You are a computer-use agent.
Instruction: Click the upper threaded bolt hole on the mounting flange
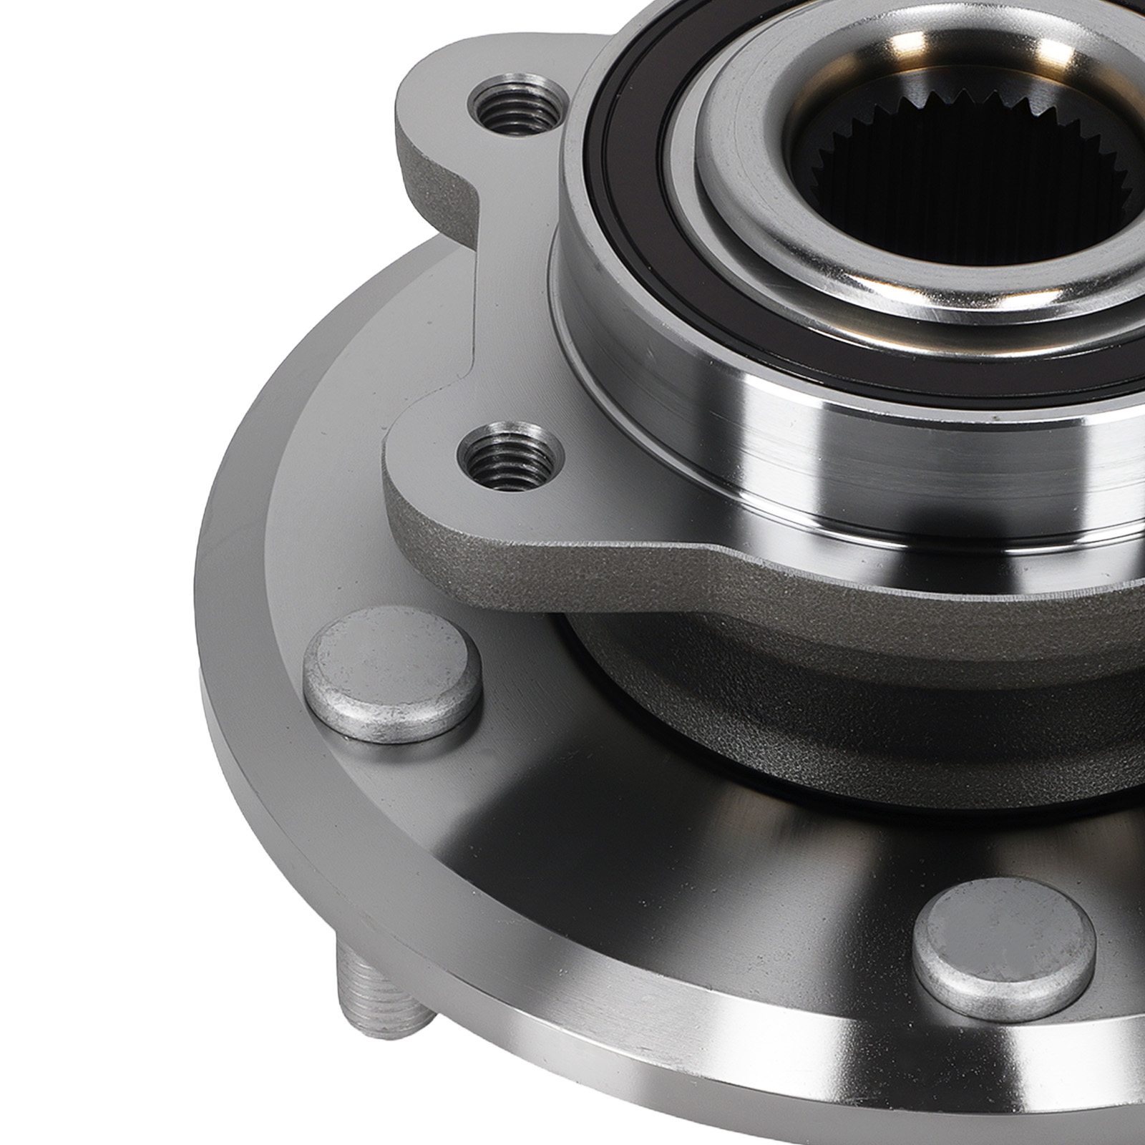click(514, 107)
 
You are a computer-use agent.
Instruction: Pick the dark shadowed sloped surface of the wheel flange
click(644, 823)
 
